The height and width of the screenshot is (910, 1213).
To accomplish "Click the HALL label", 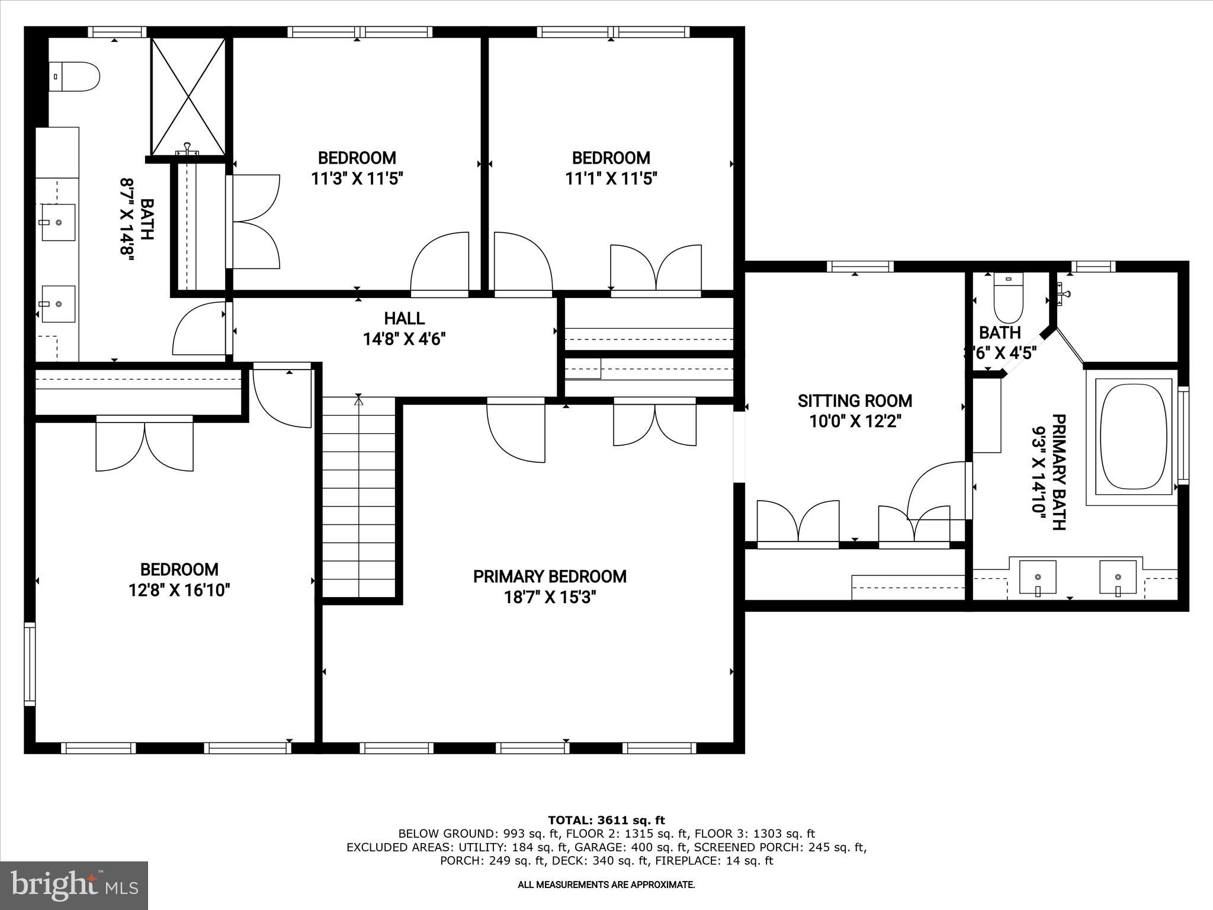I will click(404, 319).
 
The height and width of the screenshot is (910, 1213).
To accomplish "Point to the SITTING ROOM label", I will click(855, 401).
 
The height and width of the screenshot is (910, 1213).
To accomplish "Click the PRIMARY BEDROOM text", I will click(550, 576).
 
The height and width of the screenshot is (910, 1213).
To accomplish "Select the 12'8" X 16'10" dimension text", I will click(179, 590).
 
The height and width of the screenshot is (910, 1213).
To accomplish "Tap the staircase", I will click(358, 498).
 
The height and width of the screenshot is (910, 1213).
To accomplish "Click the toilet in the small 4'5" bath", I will click(1009, 299).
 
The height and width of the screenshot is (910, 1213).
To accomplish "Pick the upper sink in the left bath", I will click(59, 222).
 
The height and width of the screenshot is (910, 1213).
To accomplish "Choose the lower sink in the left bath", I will click(59, 303).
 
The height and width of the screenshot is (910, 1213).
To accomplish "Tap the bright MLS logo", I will click(74, 885).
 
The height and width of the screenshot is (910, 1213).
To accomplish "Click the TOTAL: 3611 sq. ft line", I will click(606, 821).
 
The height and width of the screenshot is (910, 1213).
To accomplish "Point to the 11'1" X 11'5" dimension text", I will click(611, 178).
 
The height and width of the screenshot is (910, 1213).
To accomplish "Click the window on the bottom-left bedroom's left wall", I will click(29, 664).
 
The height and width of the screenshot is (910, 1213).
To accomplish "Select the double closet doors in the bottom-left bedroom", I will click(145, 443).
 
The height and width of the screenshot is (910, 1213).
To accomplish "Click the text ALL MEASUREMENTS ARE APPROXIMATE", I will click(606, 885).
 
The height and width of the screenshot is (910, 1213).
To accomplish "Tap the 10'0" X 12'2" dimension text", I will click(855, 422).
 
